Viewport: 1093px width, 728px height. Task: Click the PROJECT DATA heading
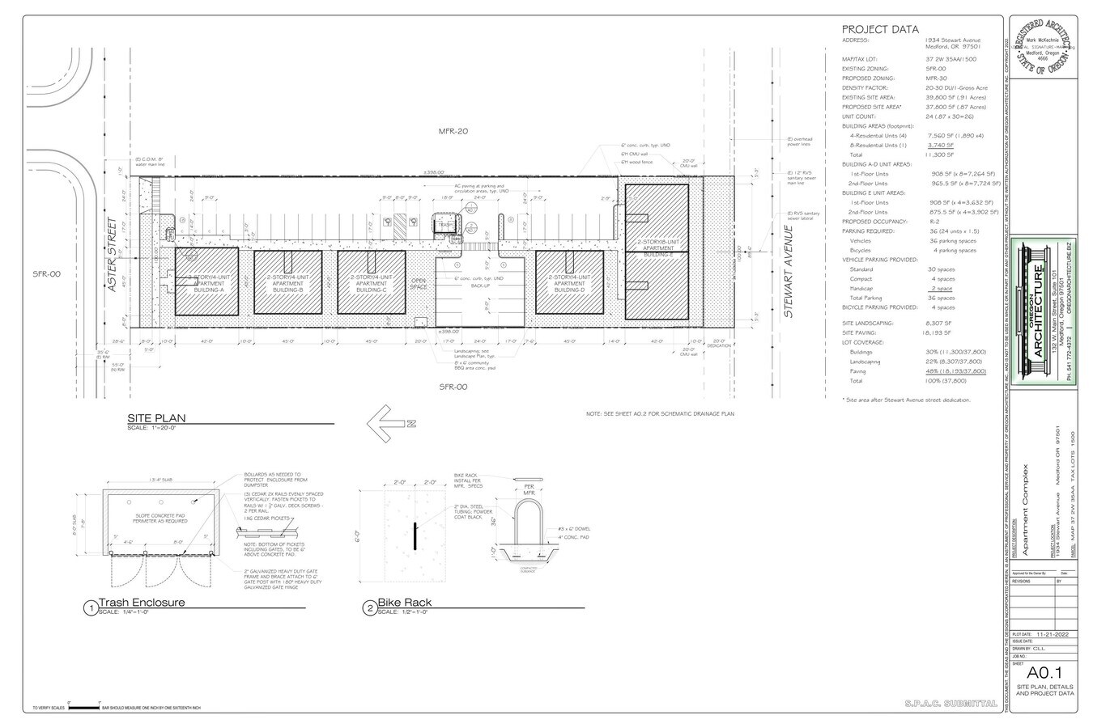pos(880,30)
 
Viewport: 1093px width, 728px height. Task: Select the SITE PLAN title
pos(156,418)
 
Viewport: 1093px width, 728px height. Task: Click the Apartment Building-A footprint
pos(205,281)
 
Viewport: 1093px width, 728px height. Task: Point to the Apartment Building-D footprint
pos(570,281)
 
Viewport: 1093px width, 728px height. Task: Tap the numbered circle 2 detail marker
pos(370,607)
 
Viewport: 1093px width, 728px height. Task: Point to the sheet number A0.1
pos(1044,673)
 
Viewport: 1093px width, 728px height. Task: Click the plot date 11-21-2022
pos(1053,634)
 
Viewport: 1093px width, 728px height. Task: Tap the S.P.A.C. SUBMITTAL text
pos(951,704)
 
